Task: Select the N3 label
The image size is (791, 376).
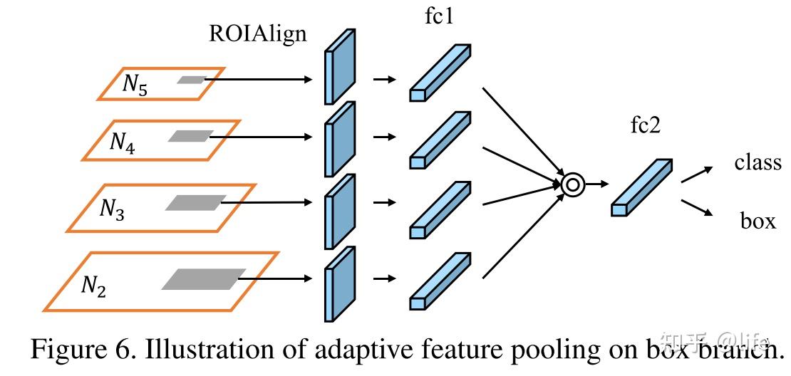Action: tap(111, 209)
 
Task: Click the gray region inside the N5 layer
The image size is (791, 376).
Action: tap(191, 80)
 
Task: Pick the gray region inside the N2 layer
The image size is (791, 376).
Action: tap(204, 279)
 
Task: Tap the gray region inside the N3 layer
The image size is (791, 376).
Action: tap(195, 203)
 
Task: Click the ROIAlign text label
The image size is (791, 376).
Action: tap(257, 33)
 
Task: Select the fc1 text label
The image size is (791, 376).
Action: tap(439, 16)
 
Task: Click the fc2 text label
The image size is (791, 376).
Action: tap(646, 126)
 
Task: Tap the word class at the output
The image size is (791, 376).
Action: tap(758, 162)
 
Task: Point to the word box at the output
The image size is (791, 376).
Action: tap(758, 221)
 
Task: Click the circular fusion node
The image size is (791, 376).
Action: tap(572, 184)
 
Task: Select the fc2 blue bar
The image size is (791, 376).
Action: tap(641, 187)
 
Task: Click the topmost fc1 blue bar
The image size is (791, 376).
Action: tap(440, 72)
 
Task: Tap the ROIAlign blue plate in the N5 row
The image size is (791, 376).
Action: tap(339, 67)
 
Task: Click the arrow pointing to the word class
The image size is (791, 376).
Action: tap(696, 174)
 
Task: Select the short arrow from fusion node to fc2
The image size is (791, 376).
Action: tap(597, 184)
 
